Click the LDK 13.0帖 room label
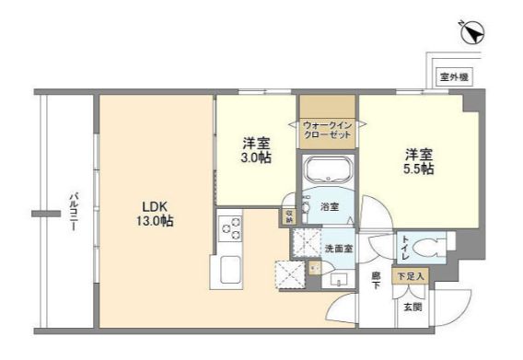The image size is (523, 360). (151, 214)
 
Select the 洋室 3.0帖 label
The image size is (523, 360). (255, 151)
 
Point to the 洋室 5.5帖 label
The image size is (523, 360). (419, 162)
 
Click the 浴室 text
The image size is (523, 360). (329, 207)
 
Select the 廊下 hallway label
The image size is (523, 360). (376, 279)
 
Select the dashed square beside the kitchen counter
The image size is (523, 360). (289, 274)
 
